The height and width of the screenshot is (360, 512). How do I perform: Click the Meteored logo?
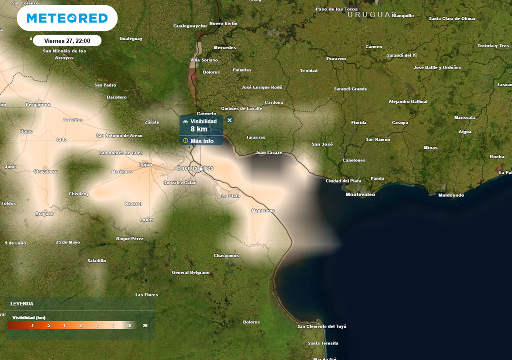(x=67, y=18)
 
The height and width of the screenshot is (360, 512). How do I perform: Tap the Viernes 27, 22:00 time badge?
(x=67, y=41)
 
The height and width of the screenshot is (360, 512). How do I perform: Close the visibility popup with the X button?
(x=230, y=120)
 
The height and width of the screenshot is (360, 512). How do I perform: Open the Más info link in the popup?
(x=202, y=141)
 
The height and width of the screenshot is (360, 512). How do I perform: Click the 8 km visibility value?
(x=199, y=129)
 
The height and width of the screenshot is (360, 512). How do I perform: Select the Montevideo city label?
(x=360, y=194)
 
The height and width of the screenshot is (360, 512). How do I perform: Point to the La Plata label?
(x=231, y=196)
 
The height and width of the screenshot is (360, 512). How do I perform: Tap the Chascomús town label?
(x=226, y=255)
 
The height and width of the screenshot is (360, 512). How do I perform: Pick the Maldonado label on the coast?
(x=451, y=195)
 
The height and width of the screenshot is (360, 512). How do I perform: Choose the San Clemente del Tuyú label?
(x=322, y=326)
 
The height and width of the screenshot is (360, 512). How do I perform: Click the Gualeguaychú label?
(x=190, y=25)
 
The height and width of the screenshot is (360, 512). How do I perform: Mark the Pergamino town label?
(x=38, y=104)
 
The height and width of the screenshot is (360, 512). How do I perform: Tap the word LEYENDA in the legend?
(x=22, y=303)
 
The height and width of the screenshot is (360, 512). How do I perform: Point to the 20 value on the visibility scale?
(x=145, y=326)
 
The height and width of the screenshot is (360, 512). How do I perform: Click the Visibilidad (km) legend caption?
(x=29, y=317)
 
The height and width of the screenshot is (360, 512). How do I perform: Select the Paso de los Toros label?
(x=336, y=9)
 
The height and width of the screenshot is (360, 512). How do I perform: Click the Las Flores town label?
(x=147, y=295)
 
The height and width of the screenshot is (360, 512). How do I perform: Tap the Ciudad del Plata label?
(x=343, y=181)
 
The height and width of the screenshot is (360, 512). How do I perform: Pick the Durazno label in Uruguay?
(x=336, y=59)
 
